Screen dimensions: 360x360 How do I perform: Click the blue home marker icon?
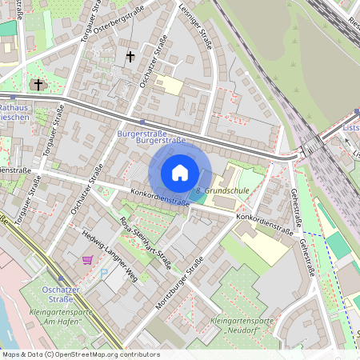click(x=180, y=172)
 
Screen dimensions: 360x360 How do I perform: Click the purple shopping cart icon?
click(x=87, y=260)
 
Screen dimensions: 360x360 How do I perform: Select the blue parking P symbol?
click(x=102, y=274)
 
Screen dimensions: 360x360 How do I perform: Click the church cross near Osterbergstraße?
click(x=130, y=57)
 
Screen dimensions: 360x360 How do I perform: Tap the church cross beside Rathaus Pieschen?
click(x=38, y=83)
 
